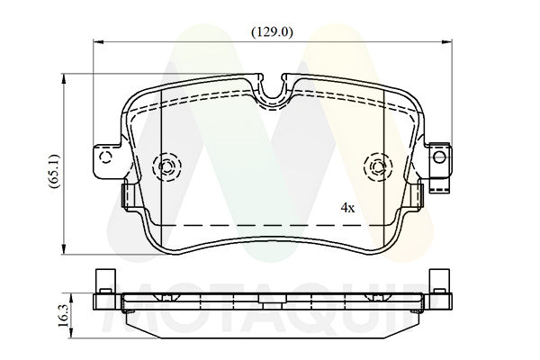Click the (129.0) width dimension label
point(272,32)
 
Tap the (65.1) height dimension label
point(55,171)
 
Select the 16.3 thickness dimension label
point(63,316)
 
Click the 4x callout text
point(347,208)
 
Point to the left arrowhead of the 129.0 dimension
point(98,42)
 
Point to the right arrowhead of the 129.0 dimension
point(447,42)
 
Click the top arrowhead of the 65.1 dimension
point(63,78)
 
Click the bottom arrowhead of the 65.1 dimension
point(63,249)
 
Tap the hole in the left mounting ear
point(105,157)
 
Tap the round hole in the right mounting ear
point(439,157)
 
